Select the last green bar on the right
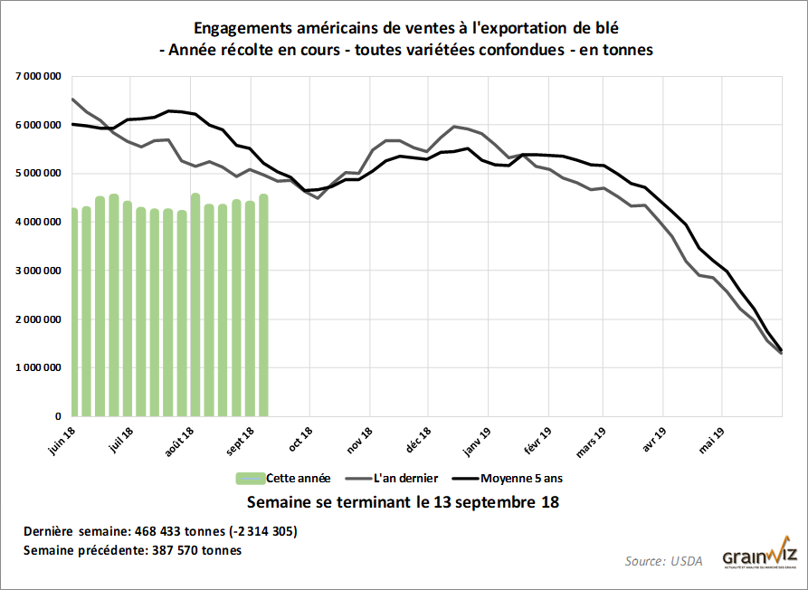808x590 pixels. [263, 305]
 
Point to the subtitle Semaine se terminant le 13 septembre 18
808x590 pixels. [404, 501]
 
